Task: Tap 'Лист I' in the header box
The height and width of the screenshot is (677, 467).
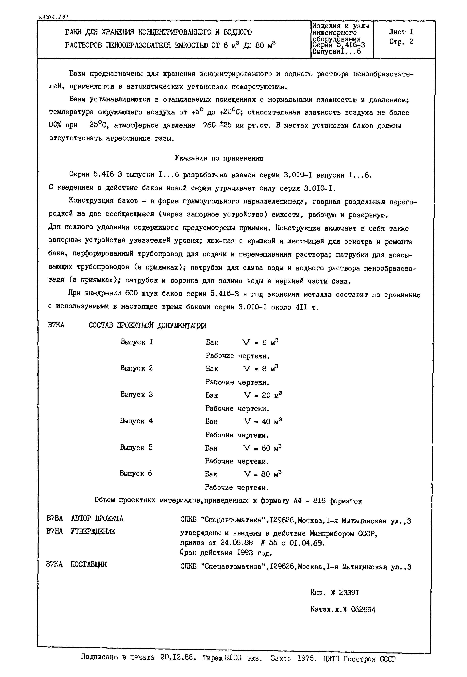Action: (401, 32)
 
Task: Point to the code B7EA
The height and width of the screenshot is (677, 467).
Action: (56, 325)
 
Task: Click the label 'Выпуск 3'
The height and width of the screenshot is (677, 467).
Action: (136, 394)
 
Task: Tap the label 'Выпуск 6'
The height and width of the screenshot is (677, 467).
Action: (136, 473)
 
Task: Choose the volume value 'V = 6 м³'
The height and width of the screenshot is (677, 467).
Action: (260, 342)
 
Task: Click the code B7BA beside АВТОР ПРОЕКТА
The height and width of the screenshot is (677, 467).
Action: (55, 518)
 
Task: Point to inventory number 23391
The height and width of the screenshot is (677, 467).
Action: (349, 593)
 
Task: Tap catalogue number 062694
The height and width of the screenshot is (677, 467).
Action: (363, 610)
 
